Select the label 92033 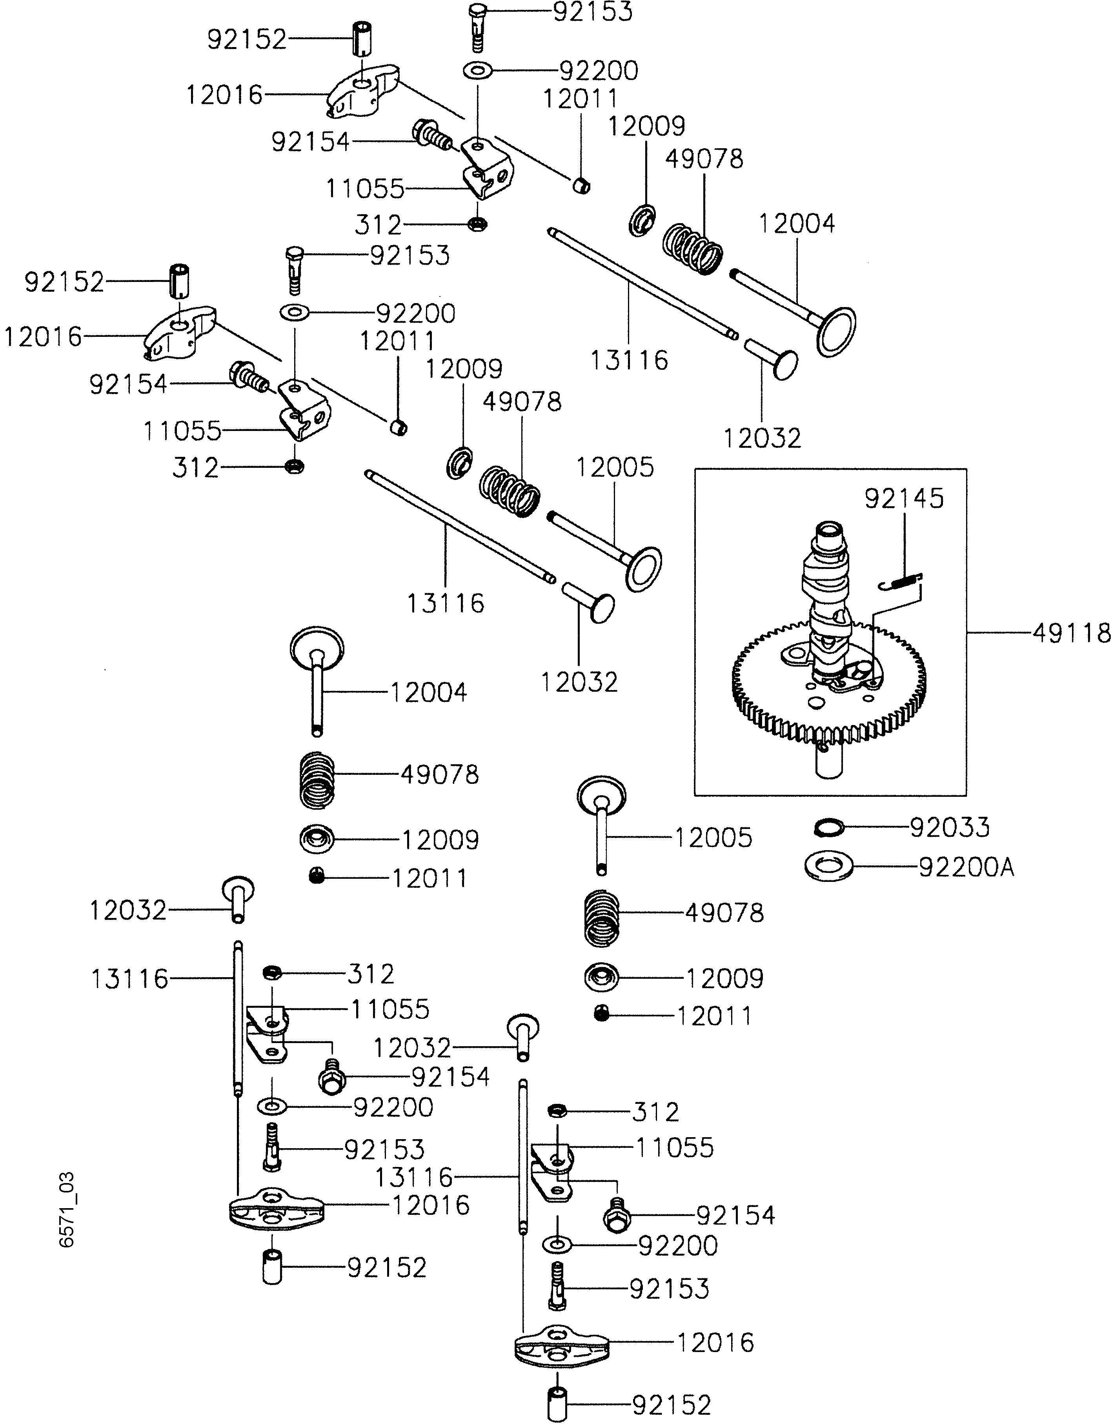(x=950, y=827)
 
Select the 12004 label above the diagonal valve (x=796, y=224)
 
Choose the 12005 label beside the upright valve (x=713, y=837)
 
